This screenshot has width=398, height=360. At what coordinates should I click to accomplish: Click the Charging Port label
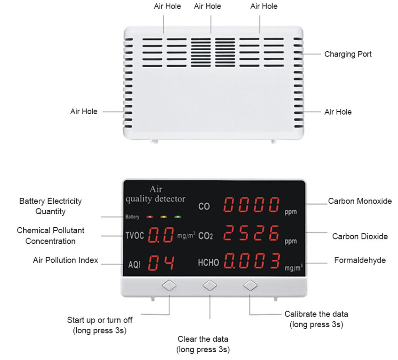[348, 54]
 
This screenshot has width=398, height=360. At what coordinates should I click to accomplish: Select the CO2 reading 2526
[251, 234]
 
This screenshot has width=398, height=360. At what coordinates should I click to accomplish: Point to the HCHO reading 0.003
[251, 261]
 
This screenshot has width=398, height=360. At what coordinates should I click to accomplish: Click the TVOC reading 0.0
[162, 235]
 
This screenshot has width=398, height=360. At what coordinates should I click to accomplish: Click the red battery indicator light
[150, 217]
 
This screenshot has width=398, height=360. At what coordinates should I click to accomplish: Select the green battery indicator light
[178, 217]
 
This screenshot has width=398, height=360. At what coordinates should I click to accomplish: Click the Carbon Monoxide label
[360, 201]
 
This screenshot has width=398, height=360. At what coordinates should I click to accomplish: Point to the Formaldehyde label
[360, 260]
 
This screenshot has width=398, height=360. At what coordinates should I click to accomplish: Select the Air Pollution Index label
[65, 260]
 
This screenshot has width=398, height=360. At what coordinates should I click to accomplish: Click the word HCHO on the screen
[208, 263]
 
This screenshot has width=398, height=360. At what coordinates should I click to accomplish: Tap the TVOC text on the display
[135, 236]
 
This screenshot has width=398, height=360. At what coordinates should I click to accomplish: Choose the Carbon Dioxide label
[360, 236]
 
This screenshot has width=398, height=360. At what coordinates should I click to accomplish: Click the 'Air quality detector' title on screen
[156, 194]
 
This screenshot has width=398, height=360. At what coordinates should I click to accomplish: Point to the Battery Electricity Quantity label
[50, 206]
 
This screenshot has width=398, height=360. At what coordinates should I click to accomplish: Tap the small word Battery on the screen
[132, 217]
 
